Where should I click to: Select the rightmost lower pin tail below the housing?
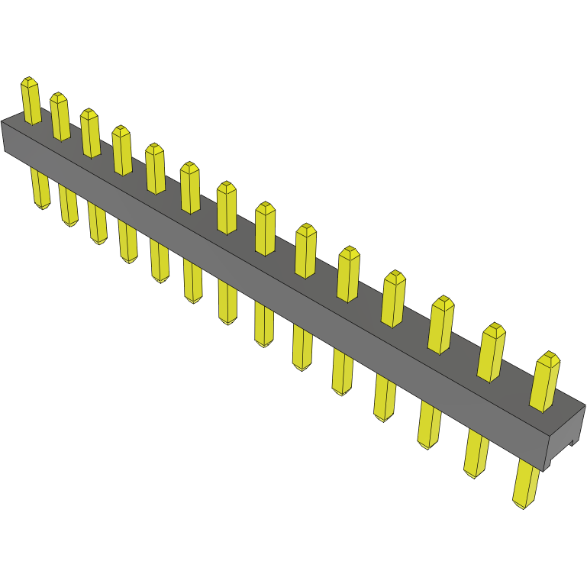coord(526,484)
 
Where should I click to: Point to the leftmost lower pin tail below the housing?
coord(40,189)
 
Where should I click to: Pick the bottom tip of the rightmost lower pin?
coord(520,505)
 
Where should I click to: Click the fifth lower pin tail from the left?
coord(160,261)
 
